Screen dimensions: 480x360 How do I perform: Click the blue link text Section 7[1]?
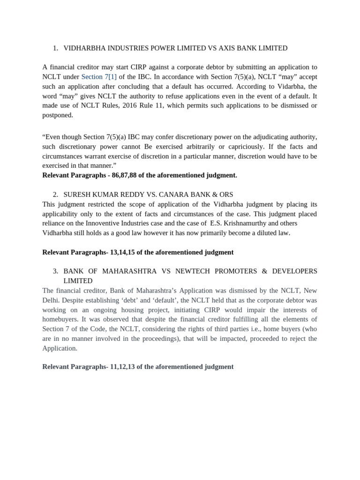[x=99, y=77]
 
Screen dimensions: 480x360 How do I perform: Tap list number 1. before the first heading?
[x=55, y=48]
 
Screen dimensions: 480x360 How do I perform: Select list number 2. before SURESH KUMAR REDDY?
[x=55, y=195]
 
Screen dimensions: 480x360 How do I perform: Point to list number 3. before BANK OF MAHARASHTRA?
[x=55, y=271]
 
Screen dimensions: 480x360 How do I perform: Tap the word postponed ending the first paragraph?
[x=57, y=115]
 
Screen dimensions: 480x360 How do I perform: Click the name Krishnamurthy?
[x=244, y=224]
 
